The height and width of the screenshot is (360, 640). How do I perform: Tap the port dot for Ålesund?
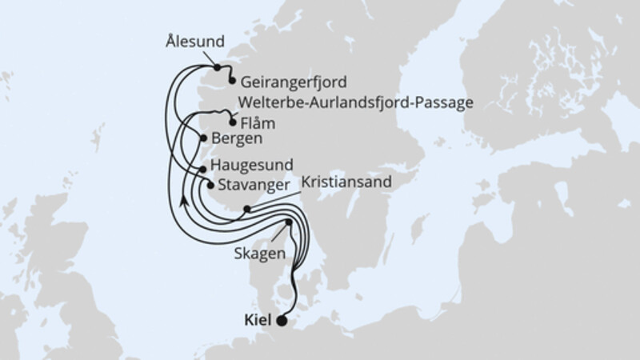click(217, 68)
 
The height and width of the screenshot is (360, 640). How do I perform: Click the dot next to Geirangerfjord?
click(232, 81)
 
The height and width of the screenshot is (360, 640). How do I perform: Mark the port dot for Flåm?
click(233, 123)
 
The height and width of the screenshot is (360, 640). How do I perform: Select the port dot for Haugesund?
click(202, 169)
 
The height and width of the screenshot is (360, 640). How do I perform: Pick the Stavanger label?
click(250, 186)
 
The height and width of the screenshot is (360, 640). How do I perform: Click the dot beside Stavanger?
click(210, 186)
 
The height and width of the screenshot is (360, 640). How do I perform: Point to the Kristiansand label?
click(346, 183)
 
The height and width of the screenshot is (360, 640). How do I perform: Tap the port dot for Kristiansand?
click(247, 210)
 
